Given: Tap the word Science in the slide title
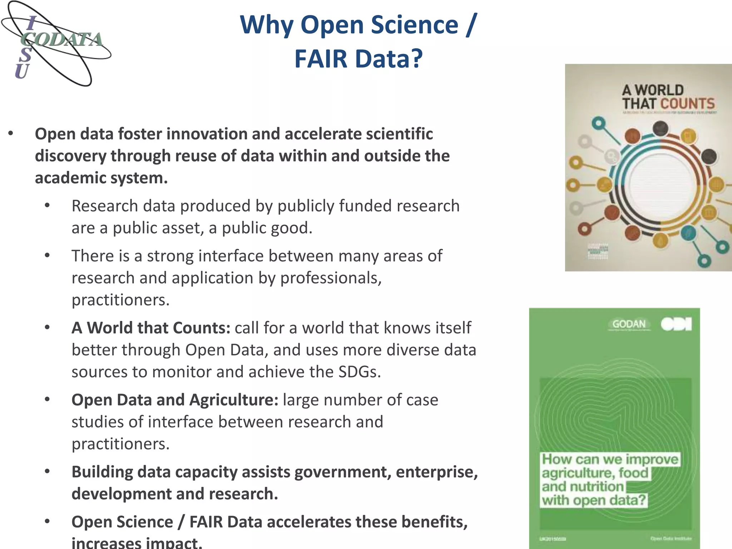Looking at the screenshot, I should click(x=414, y=25).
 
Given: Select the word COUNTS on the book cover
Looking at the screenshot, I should click(x=687, y=104).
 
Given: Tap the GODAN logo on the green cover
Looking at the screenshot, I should click(x=629, y=324).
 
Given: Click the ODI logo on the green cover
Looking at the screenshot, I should click(x=676, y=324).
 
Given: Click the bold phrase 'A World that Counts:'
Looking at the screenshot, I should click(x=151, y=328).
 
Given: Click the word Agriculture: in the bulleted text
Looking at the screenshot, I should click(x=234, y=400).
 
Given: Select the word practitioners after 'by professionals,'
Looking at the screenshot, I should click(x=120, y=300).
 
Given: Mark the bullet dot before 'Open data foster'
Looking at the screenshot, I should click(x=11, y=134).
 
